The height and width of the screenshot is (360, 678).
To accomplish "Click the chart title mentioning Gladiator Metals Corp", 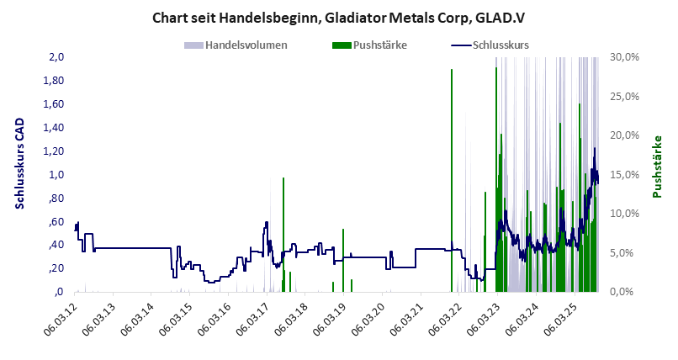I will [x=338, y=17].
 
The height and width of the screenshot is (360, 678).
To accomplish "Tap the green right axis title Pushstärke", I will [x=658, y=167].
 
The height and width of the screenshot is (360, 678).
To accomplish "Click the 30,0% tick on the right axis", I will [x=626, y=57].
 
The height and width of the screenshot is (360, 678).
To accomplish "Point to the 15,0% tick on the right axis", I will [x=626, y=175].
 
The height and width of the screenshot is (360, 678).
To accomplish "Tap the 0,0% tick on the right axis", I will [x=628, y=292].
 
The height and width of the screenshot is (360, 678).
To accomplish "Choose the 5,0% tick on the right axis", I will [x=628, y=253].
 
